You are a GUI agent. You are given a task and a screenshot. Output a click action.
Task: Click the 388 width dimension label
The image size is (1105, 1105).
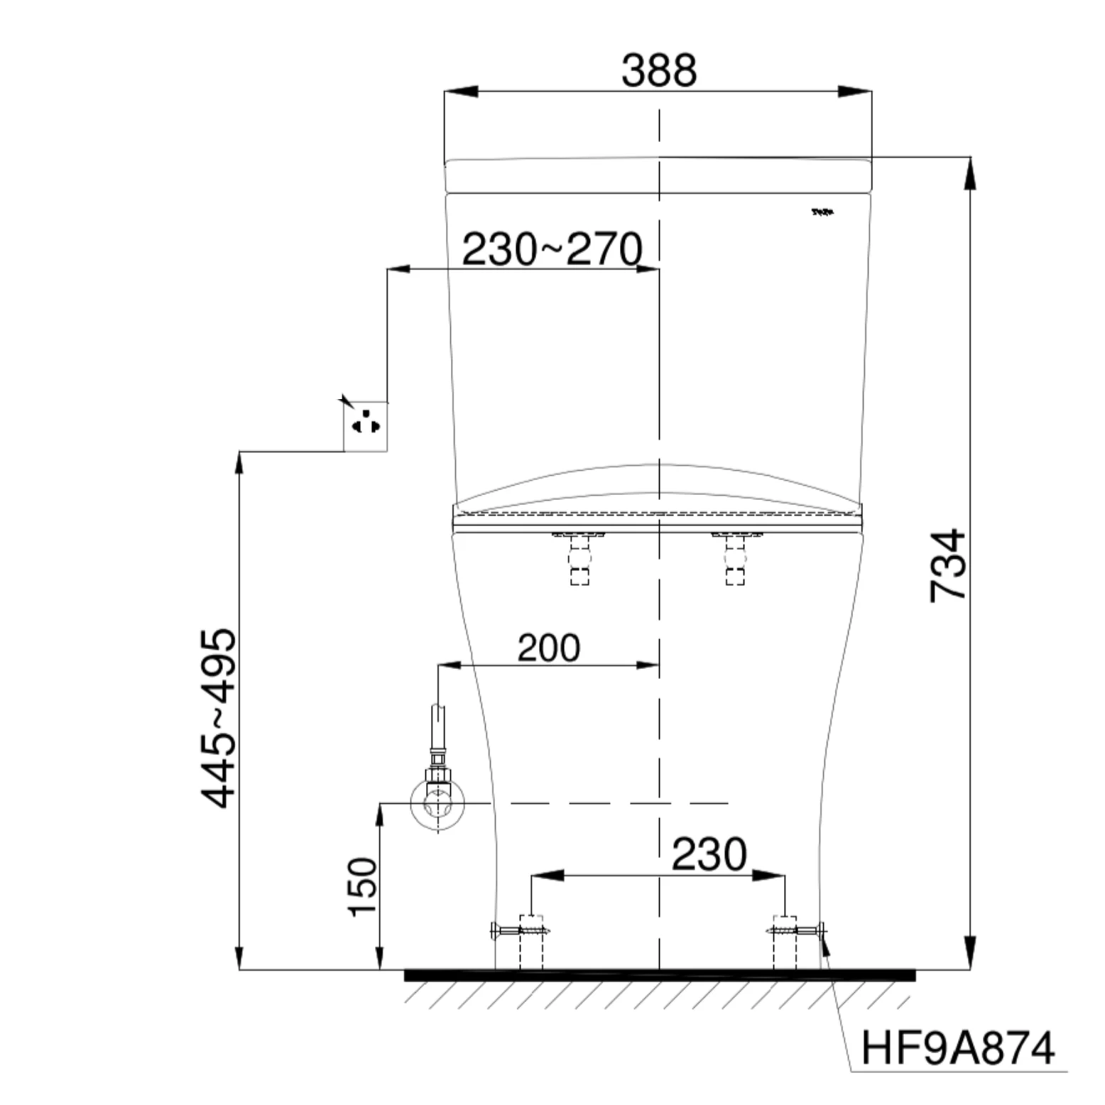coord(658,71)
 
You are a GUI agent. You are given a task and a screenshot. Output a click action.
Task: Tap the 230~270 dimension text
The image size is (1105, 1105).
coord(552,249)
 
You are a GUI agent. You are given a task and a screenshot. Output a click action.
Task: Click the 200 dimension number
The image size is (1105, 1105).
coord(548,648)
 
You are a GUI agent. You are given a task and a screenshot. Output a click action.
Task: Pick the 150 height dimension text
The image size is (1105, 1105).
coord(363,888)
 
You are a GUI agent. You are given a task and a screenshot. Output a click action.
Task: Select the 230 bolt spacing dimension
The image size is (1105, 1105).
coord(709,854)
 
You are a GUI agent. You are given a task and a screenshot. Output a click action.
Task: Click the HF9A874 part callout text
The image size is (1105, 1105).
coord(957,1048)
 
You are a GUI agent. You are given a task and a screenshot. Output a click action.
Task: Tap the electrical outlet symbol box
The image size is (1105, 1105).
coord(366,426)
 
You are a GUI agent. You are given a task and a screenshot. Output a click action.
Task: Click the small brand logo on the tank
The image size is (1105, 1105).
coord(823,212)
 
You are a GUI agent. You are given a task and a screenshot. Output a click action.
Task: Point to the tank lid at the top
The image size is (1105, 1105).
coord(658,176)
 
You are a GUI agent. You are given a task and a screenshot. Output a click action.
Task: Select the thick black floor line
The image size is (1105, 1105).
coord(658,976)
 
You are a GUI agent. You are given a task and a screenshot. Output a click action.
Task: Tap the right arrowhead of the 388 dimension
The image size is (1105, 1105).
coord(855,92)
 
